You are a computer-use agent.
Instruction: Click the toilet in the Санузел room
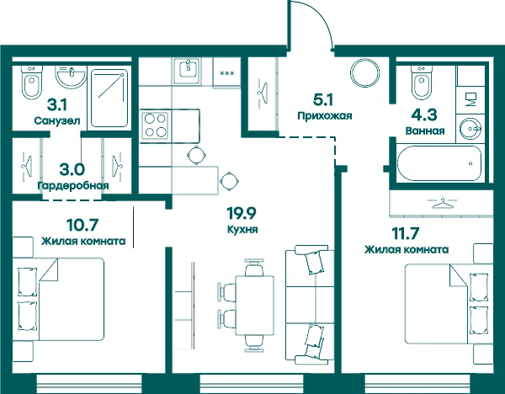click(32, 83)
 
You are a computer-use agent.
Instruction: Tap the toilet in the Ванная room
click(422, 83)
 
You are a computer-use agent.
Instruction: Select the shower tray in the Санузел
click(109, 98)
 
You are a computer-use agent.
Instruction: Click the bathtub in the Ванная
click(439, 163)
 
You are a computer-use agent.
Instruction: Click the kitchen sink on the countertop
click(188, 71)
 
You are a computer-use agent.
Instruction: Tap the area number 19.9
click(242, 213)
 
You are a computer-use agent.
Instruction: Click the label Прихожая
click(325, 115)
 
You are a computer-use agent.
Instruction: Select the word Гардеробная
click(73, 186)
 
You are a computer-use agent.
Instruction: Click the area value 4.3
click(425, 115)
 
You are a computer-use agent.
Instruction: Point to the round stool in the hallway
click(365, 73)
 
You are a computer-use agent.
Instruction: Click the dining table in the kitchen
click(255, 306)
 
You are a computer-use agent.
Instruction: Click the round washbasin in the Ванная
click(470, 129)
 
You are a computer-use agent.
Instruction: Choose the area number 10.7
click(82, 225)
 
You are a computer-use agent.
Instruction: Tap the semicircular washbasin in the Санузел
click(71, 77)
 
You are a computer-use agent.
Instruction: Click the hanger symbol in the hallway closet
click(263, 93)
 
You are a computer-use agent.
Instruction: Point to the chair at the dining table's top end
click(254, 268)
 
